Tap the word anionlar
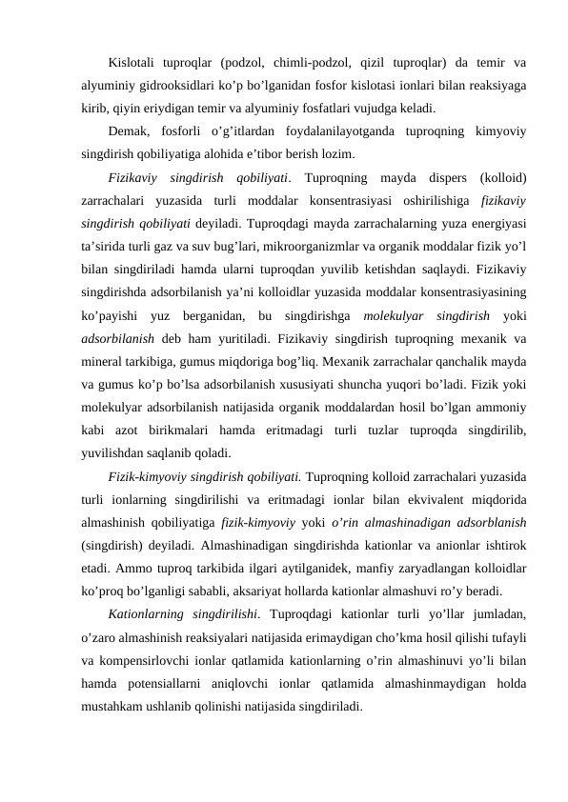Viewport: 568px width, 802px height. [440, 543]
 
